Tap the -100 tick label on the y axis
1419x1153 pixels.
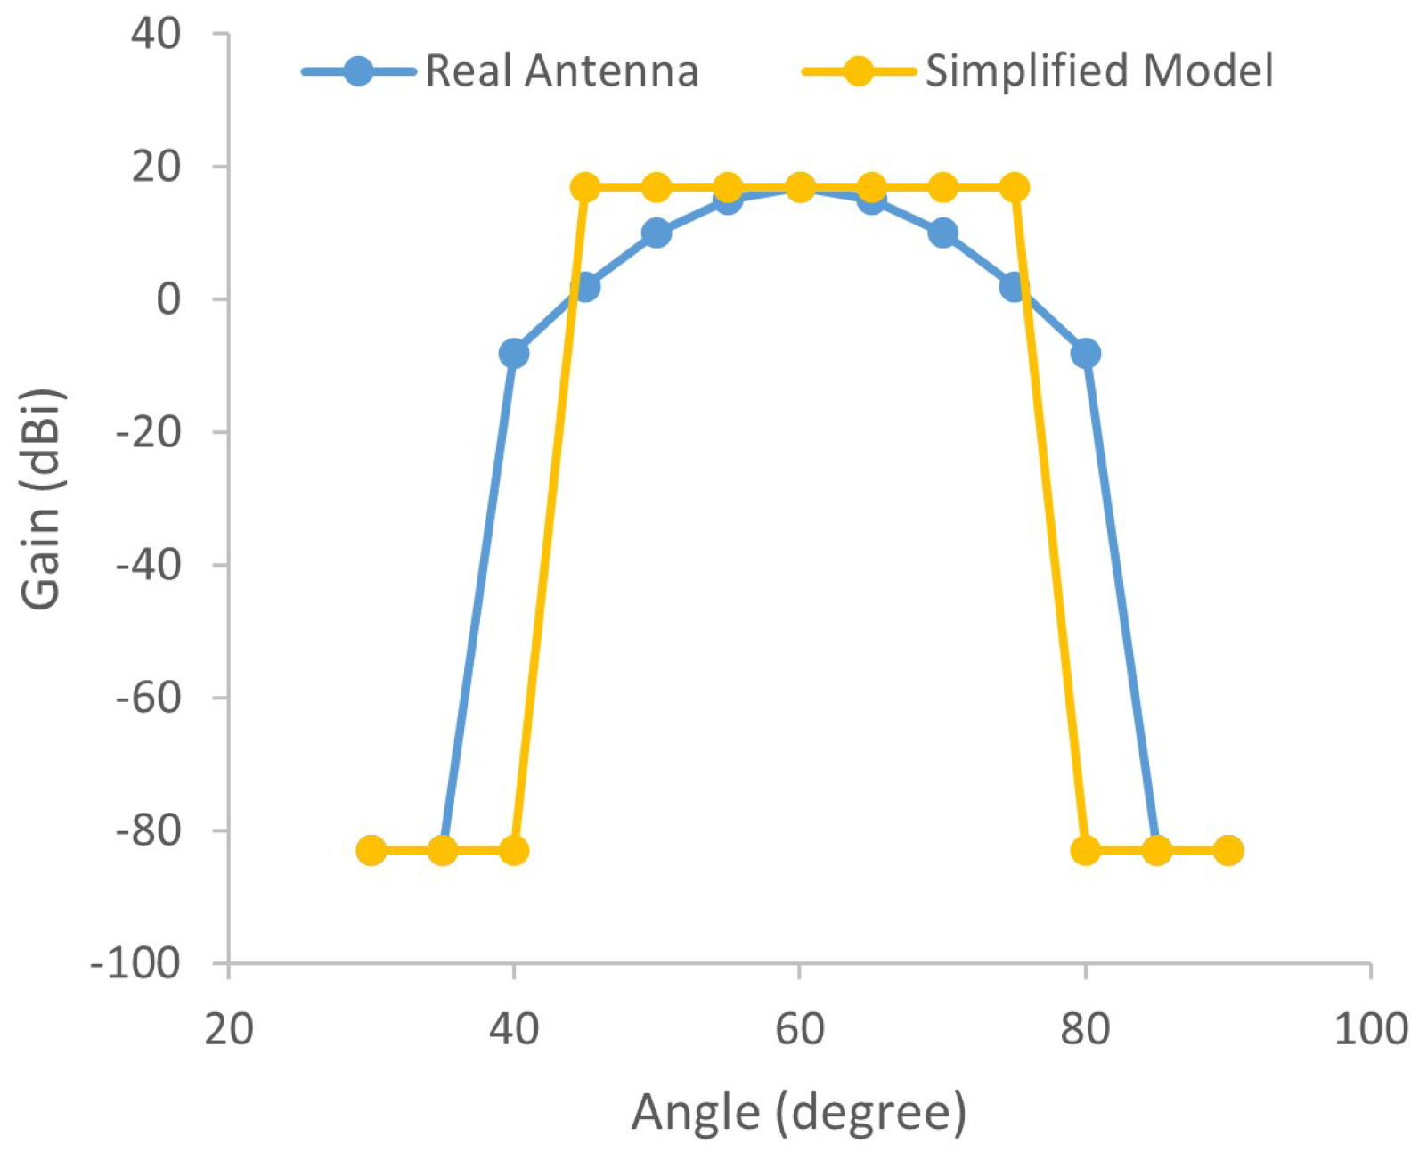135,964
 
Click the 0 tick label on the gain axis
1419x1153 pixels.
168,299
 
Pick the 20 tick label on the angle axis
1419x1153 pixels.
229,1029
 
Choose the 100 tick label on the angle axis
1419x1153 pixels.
1370,1029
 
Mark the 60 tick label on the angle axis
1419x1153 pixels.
799,1029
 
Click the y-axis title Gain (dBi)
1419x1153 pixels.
41,499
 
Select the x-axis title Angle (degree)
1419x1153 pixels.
799,1113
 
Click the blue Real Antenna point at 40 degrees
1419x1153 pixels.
514,354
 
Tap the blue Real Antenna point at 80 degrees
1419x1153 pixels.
1085,354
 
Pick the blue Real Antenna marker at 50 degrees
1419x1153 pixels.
656,233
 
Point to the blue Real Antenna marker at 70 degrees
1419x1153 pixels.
942,233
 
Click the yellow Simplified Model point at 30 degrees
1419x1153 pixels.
371,851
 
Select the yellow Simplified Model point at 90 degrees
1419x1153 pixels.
1228,851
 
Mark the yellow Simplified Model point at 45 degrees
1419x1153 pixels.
585,187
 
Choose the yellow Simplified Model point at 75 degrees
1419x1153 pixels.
1014,187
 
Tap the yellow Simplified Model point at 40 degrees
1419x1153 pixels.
514,851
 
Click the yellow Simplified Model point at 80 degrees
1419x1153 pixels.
1085,851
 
